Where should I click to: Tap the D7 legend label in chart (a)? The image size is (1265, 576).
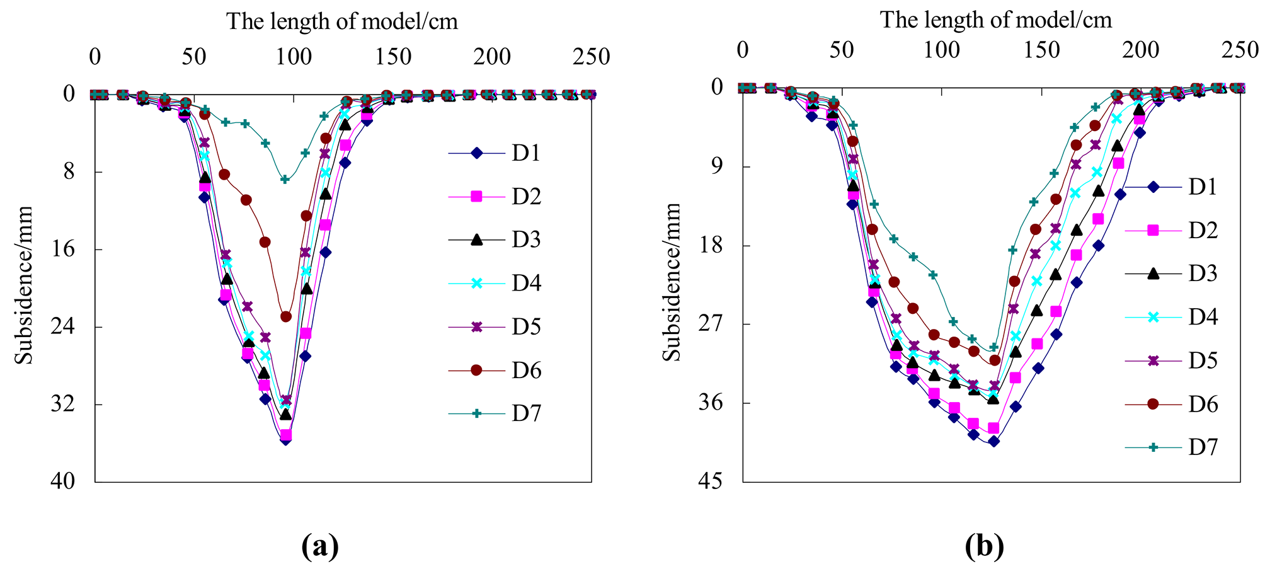pyautogui.click(x=525, y=414)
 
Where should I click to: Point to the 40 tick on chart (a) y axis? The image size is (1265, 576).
pyautogui.click(x=63, y=482)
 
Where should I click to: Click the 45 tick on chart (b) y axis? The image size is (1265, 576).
pyautogui.click(x=712, y=482)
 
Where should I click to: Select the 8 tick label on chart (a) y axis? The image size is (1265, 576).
pyautogui.click(x=69, y=172)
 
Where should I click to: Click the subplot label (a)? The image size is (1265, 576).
pyautogui.click(x=320, y=546)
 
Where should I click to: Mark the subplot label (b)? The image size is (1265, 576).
pyautogui.click(x=984, y=546)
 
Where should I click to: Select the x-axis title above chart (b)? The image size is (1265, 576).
pyautogui.click(x=996, y=20)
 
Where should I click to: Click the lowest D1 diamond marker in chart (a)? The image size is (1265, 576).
pyautogui.click(x=285, y=440)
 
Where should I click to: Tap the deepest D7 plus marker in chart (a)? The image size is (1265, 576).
pyautogui.click(x=285, y=180)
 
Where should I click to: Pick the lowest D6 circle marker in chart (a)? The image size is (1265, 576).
pyautogui.click(x=286, y=316)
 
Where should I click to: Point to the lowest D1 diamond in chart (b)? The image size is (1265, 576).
pyautogui.click(x=994, y=441)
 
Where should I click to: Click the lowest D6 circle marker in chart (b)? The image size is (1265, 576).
pyautogui.click(x=995, y=360)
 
